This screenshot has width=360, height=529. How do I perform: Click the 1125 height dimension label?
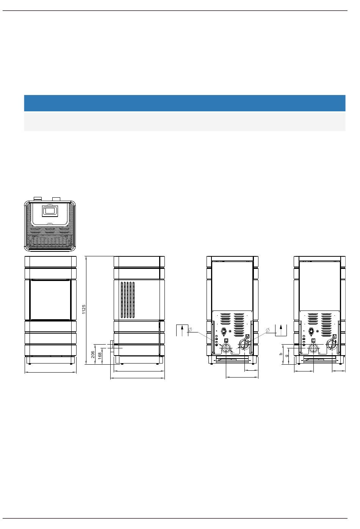point(84,309)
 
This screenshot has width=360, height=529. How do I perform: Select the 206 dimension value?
point(93,354)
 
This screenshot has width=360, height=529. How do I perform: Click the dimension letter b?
point(280,354)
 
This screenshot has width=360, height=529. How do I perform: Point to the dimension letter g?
point(287,356)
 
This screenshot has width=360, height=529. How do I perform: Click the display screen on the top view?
point(50,211)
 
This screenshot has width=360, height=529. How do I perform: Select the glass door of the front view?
point(50,300)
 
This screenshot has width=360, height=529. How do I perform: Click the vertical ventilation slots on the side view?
point(128,300)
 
